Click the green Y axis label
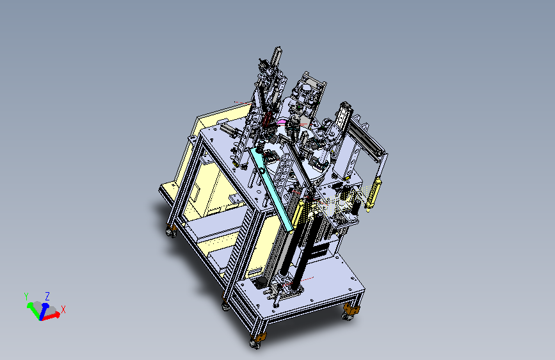26,296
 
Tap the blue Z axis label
47,296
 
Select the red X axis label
63,309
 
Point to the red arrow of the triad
51,316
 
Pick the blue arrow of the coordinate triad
43,311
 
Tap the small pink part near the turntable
282,122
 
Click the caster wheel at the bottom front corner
255,343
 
